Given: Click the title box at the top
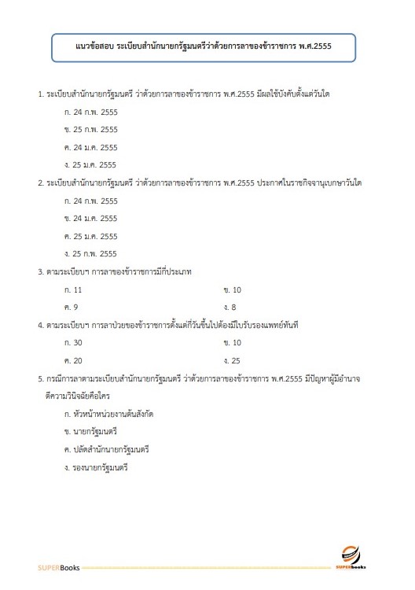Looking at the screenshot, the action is (203, 46).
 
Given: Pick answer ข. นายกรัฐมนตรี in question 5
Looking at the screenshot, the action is (90, 432).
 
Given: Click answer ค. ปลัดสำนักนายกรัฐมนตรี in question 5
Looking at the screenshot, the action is (107, 449).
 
